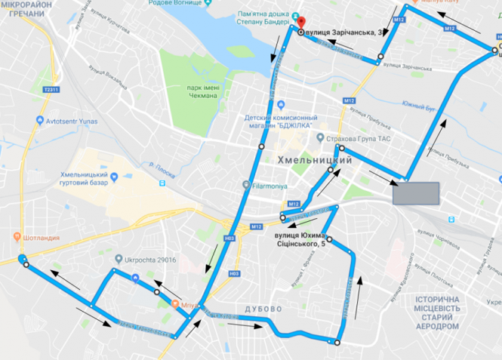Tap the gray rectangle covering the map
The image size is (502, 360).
(415, 193)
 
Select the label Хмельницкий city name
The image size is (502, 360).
(316, 160)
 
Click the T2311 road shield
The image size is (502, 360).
(51, 89)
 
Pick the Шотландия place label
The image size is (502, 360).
(43, 235)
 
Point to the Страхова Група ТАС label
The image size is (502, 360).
(358, 139)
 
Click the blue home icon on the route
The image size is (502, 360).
(135, 278)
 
